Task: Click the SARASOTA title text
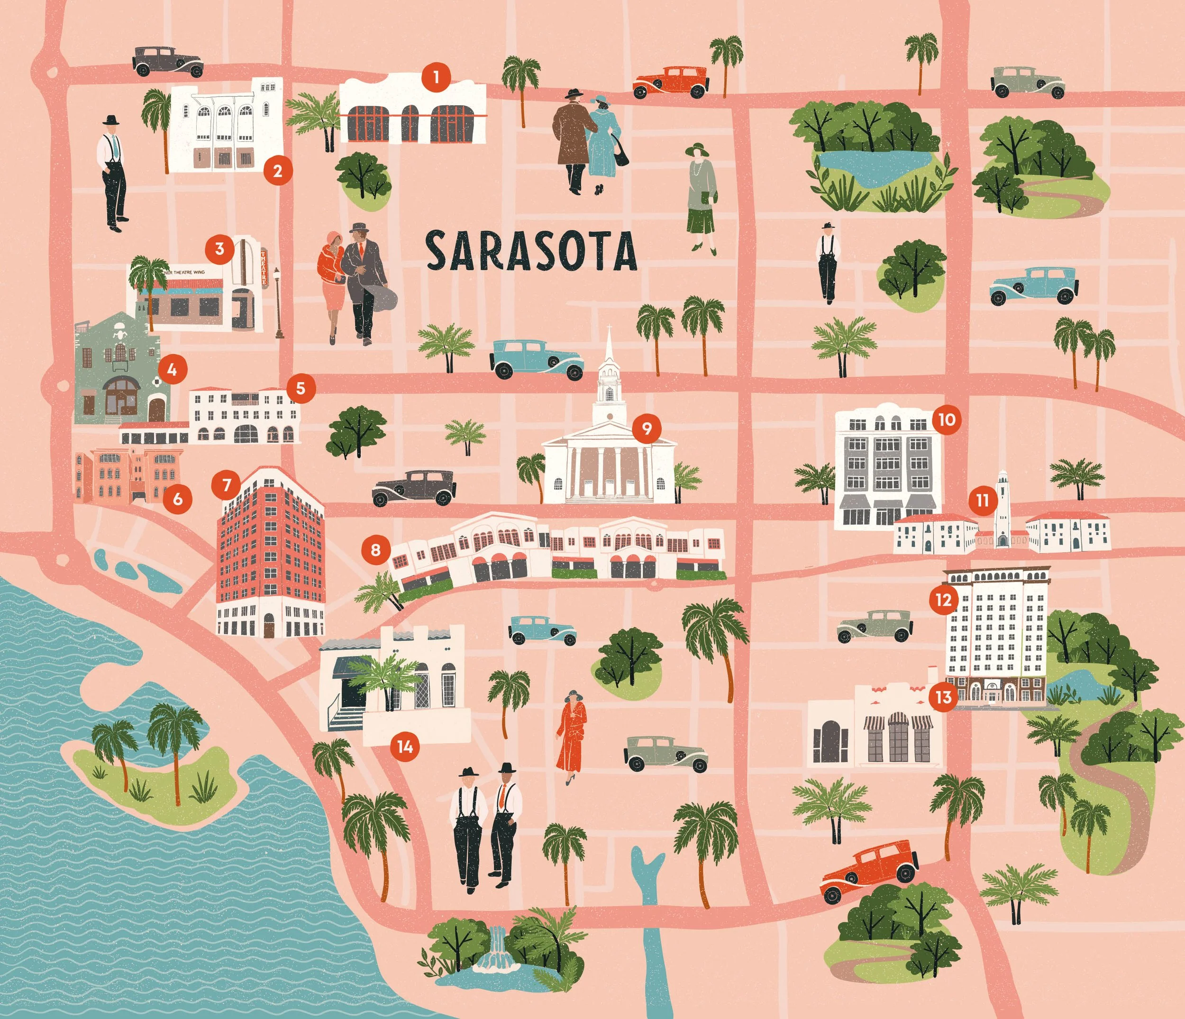click(x=531, y=251)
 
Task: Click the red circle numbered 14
click(x=405, y=746)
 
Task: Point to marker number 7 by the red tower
click(x=227, y=485)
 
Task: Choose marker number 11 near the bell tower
click(x=982, y=501)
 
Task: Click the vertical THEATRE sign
click(x=264, y=268)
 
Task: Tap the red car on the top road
click(x=670, y=83)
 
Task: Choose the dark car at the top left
click(x=168, y=62)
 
